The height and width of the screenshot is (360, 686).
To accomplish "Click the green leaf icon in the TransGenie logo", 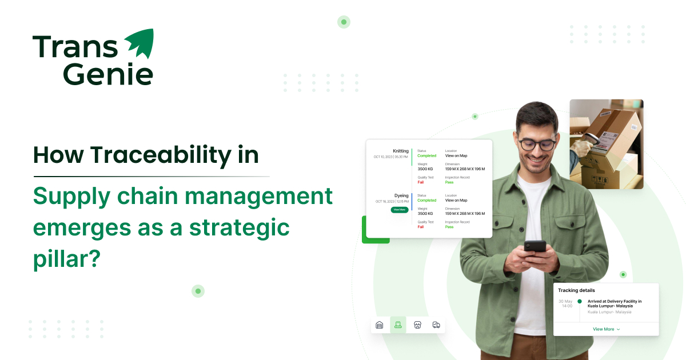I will click(x=139, y=43).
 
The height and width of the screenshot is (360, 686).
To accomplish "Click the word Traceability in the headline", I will click(x=159, y=155).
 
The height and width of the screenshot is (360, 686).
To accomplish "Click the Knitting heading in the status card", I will click(x=401, y=151).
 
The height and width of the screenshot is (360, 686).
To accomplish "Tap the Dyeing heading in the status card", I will click(x=401, y=195).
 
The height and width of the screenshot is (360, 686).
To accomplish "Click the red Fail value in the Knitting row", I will click(x=420, y=182).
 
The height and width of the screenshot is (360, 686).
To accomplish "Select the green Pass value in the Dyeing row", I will click(x=449, y=227).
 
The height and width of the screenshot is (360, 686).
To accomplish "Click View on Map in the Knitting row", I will click(x=456, y=155).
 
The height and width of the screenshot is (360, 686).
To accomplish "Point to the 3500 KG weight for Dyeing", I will click(x=426, y=214).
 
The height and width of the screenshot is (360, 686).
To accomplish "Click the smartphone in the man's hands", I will click(x=535, y=247).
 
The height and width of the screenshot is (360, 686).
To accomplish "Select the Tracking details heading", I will click(x=576, y=290).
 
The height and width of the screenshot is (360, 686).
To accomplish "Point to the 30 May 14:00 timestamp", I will click(x=565, y=303).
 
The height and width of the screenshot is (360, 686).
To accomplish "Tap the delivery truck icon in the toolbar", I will click(x=436, y=325).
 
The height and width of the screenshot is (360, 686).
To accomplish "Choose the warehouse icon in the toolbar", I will click(x=379, y=325).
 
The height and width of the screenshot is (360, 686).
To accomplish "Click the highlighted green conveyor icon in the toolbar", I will click(x=398, y=325).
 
